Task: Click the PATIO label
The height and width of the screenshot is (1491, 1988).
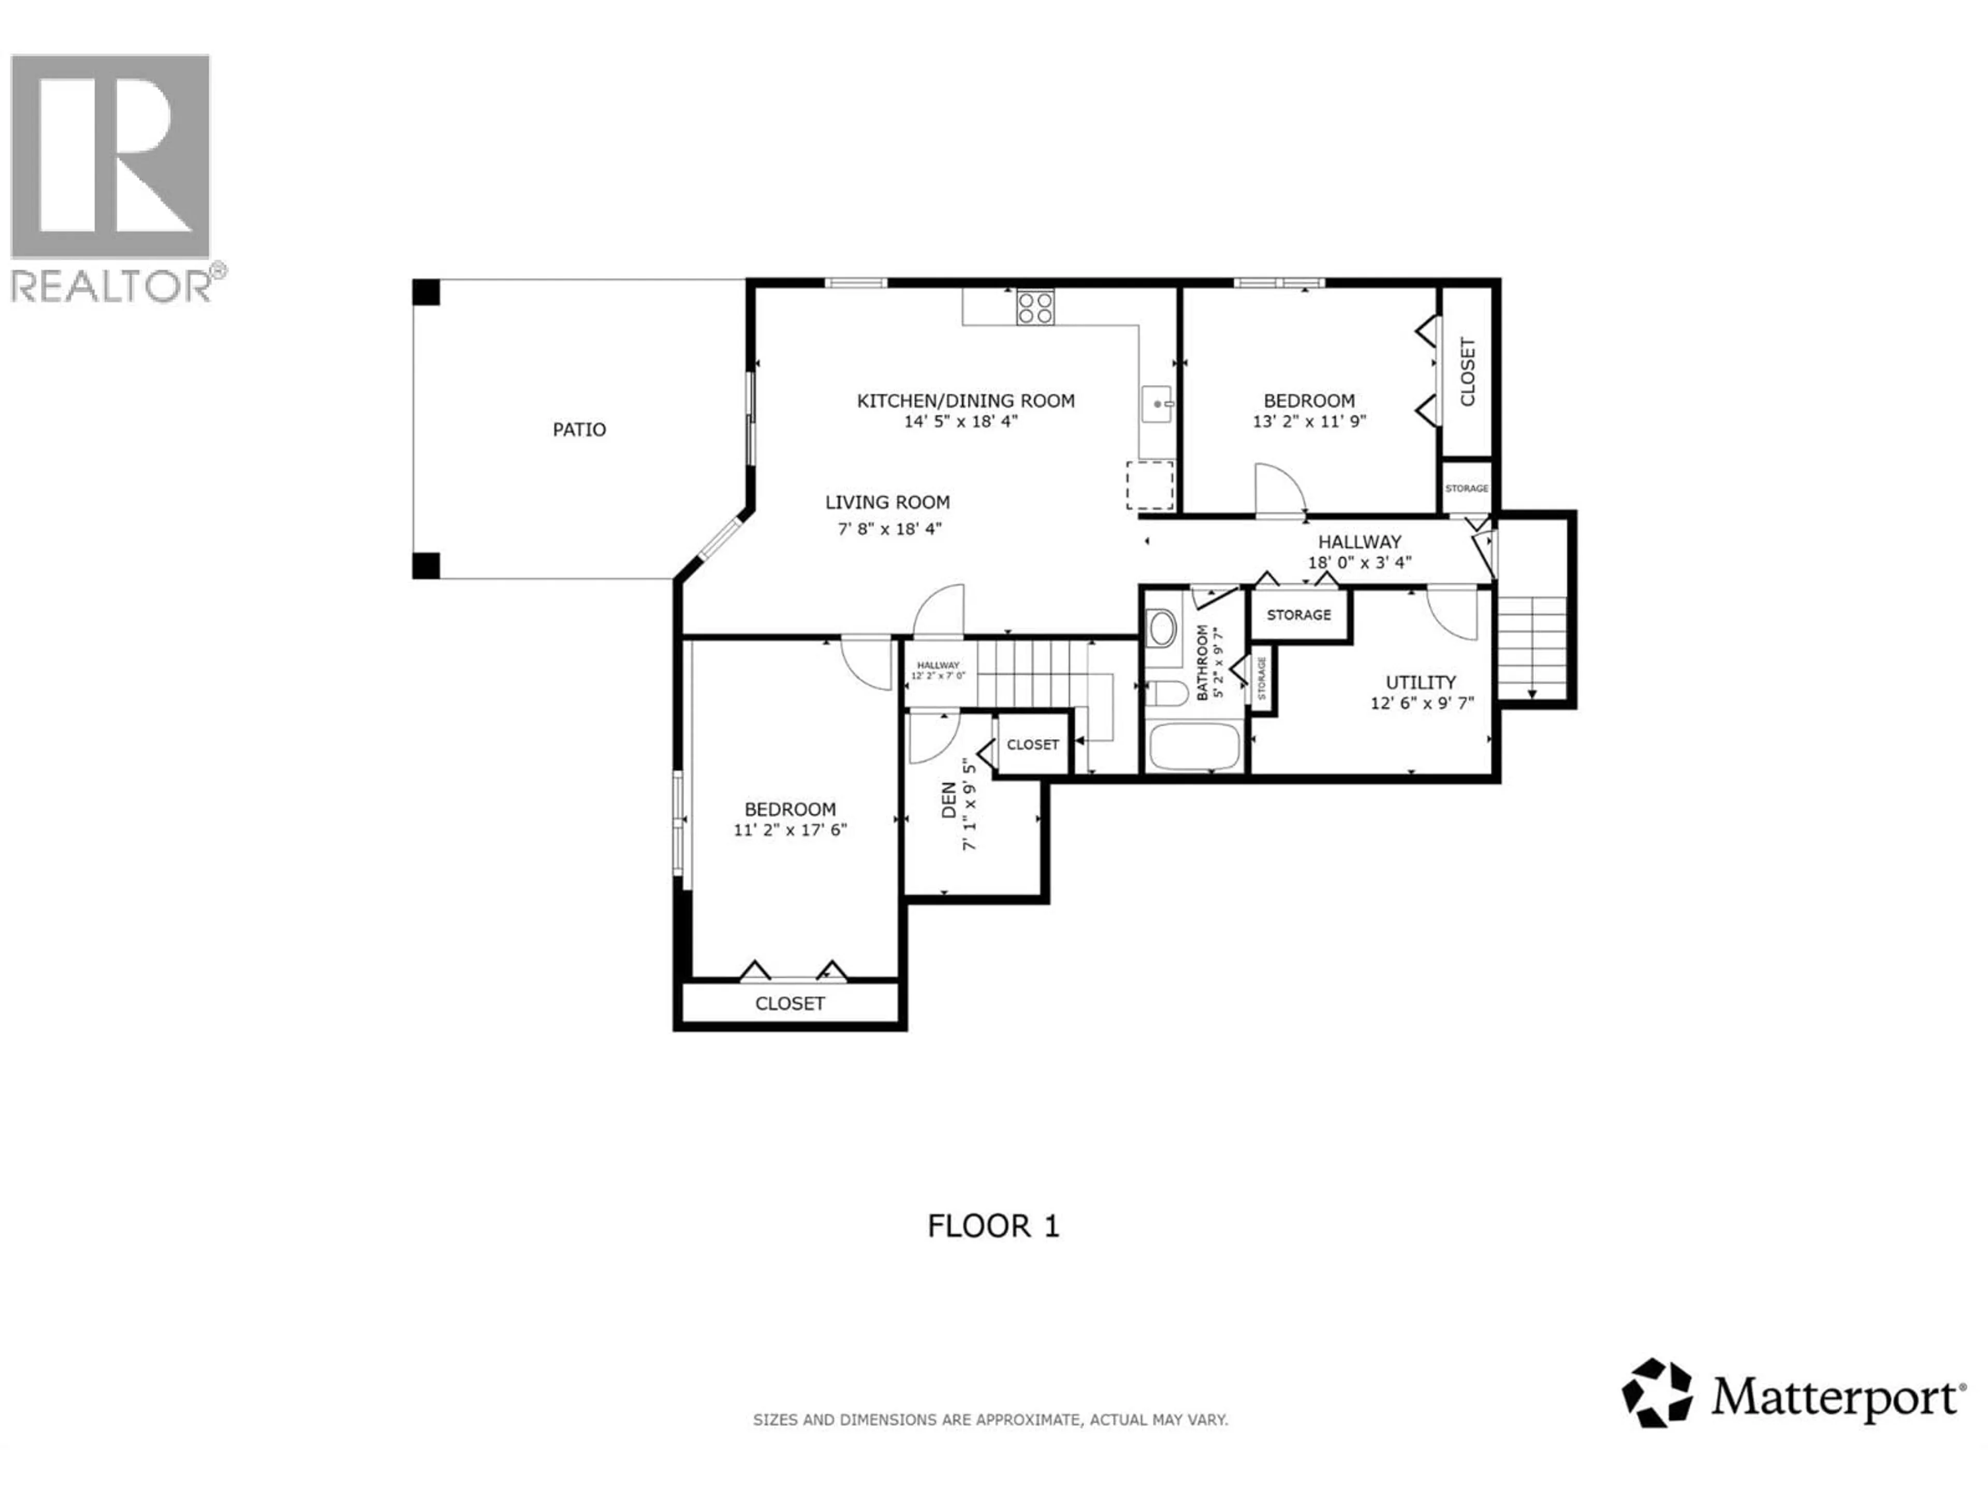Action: point(579,430)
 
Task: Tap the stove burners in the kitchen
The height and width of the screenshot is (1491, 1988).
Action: point(1035,308)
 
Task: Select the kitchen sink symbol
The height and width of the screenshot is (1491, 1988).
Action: point(1157,404)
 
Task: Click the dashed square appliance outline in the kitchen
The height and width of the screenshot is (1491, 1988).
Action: point(1150,485)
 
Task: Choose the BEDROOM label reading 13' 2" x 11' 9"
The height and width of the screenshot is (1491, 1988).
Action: point(1309,401)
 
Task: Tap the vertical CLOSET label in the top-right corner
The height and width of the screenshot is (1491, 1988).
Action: point(1468,371)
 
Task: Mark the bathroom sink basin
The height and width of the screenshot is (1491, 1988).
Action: point(1163,629)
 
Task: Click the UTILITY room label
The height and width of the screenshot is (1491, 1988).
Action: point(1420,682)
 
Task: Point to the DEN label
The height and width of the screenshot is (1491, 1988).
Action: point(949,800)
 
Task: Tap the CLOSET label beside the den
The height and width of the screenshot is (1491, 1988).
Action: point(1033,744)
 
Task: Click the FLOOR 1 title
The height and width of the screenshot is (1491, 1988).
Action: point(993,1226)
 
